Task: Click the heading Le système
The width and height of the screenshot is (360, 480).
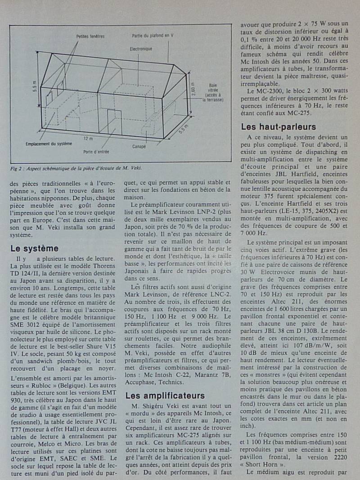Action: click(x=34, y=248)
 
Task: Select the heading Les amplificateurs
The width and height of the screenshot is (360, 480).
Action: click(x=165, y=396)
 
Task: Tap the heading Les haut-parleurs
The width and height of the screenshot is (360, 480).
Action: click(x=279, y=127)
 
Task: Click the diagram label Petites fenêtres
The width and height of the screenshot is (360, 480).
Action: click(x=88, y=35)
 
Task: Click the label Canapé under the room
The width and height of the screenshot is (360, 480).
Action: click(x=139, y=146)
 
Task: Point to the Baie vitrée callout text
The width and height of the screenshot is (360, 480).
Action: click(x=213, y=92)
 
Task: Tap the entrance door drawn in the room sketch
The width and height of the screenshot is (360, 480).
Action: click(x=114, y=122)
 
